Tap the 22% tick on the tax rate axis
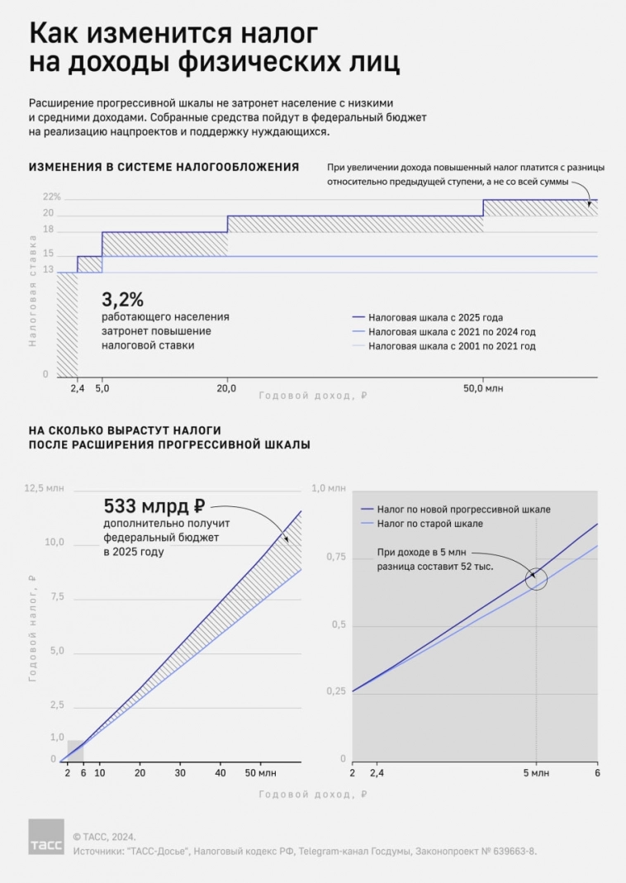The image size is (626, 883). pos(51,197)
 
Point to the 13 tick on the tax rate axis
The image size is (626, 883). pos(48,270)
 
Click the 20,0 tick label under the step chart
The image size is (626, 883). pos(226,387)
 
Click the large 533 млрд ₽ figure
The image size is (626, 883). pos(154,506)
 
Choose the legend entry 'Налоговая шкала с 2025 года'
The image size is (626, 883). pos(436,317)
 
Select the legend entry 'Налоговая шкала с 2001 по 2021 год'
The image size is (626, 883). pos(453,346)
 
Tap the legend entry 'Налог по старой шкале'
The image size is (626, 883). pos(429,524)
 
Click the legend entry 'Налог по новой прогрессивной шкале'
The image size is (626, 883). pos(462,509)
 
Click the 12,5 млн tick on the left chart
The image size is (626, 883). pos(44,489)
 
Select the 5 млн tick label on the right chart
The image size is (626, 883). pos(535,772)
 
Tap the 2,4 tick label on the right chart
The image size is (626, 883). pos(377,772)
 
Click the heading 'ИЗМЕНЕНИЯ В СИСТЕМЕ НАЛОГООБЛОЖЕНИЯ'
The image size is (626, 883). pos(164,167)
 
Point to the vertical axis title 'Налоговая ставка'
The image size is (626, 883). pos(33,290)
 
